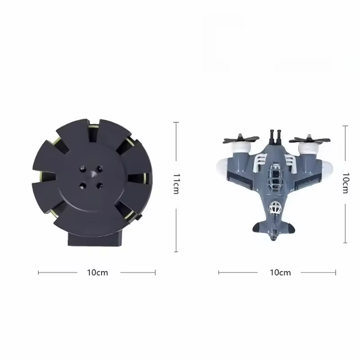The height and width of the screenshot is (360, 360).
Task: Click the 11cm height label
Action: pos(176,184)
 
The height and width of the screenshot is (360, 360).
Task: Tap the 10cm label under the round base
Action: pos(97,273)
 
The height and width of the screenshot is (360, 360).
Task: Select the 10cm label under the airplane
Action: pos(280,273)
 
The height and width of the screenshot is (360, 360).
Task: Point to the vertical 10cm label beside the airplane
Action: pos(346,183)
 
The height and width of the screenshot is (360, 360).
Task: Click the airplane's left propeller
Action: pos(241,139)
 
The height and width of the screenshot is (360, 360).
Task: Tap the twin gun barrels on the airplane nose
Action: pos(275,137)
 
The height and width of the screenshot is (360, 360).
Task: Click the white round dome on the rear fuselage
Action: pos(275,207)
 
